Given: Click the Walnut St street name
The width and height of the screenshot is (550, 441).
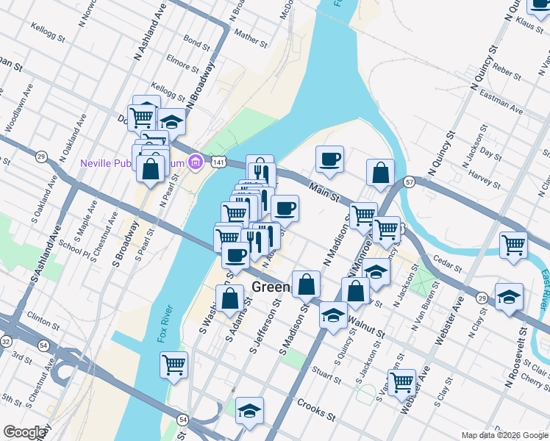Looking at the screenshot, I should click(x=368, y=323).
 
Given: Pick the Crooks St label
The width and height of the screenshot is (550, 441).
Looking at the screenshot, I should click(x=317, y=406).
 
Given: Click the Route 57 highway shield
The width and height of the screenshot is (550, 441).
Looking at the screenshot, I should click(x=410, y=181).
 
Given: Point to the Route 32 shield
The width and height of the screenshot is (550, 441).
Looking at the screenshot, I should click(x=7, y=342).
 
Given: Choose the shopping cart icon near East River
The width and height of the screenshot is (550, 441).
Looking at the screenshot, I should click(x=513, y=245).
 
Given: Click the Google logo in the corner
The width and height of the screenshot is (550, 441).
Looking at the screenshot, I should click(x=24, y=433).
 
